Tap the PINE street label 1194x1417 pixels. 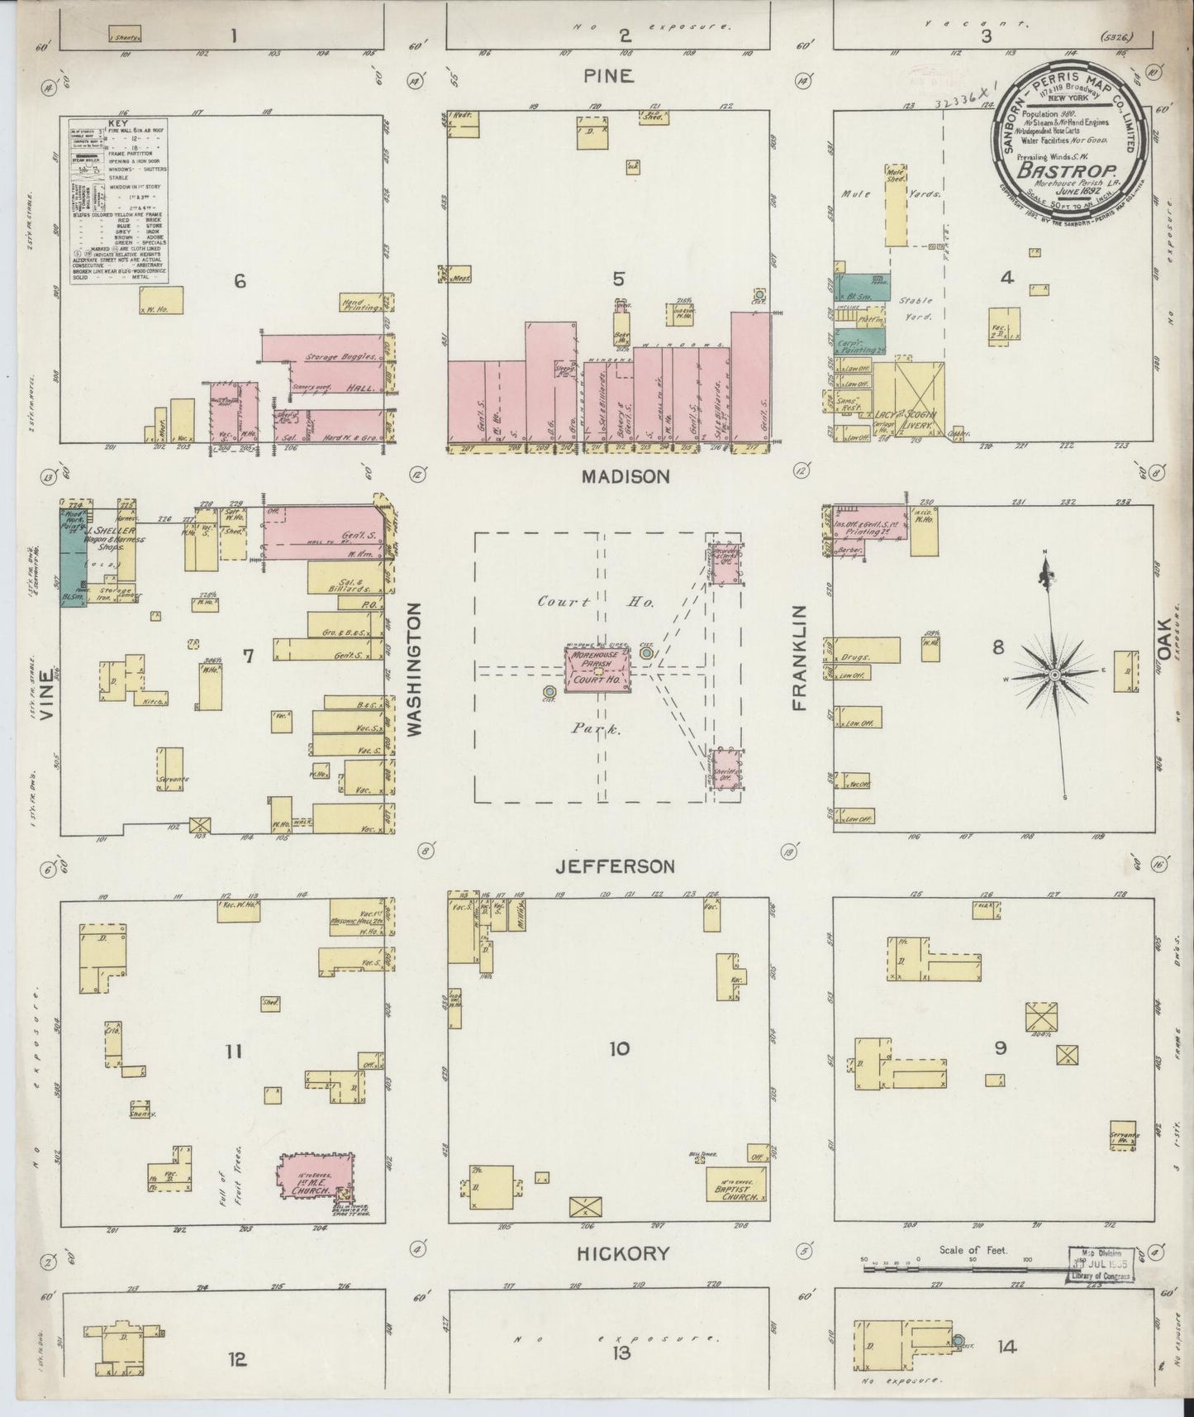(x=608, y=76)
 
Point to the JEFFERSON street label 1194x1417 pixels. (x=614, y=866)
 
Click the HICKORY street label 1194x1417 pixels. (x=623, y=1253)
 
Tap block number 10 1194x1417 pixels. (x=619, y=1049)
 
